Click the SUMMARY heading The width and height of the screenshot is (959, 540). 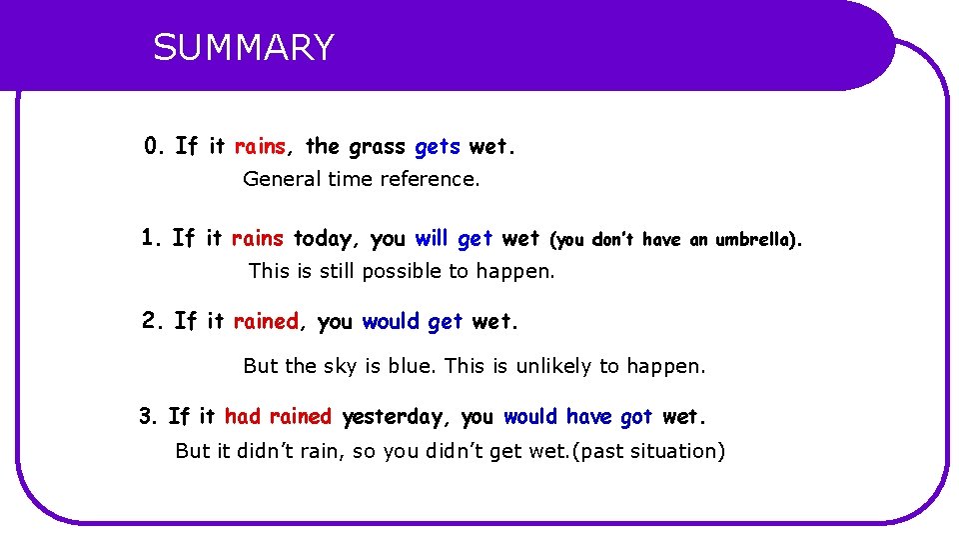pyautogui.click(x=244, y=48)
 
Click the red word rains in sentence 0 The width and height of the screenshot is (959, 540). pyautogui.click(x=260, y=147)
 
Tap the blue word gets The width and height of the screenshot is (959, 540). pyautogui.click(x=438, y=148)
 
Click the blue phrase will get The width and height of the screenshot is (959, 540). pyautogui.click(x=454, y=239)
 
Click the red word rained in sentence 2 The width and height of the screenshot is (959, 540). pyautogui.click(x=266, y=321)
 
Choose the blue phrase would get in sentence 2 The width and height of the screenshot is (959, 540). pyautogui.click(x=412, y=321)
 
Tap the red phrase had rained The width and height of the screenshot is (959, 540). pyautogui.click(x=278, y=416)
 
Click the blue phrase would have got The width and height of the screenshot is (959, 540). pyautogui.click(x=577, y=416)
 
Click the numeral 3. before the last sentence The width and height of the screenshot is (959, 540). pyautogui.click(x=149, y=416)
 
